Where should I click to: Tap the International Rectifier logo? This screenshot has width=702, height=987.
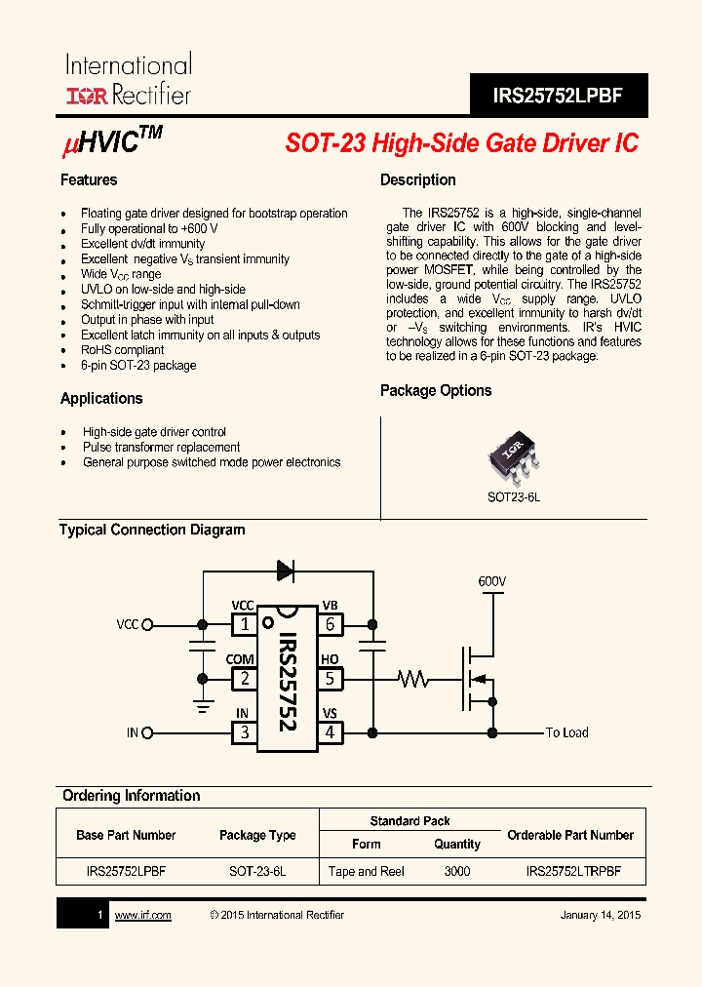tap(128, 80)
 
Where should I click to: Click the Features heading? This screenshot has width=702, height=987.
tap(89, 180)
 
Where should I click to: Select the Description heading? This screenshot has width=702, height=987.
tap(417, 180)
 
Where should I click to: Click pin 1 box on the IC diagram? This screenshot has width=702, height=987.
tap(244, 624)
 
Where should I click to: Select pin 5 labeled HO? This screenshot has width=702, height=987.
tap(330, 679)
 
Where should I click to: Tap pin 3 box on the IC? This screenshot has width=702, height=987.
tap(244, 732)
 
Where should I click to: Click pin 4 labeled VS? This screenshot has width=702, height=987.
tap(330, 732)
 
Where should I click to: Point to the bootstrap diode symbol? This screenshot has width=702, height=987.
tap(286, 571)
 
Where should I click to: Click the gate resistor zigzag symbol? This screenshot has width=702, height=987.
tap(413, 679)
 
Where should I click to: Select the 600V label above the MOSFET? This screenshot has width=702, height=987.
tap(492, 582)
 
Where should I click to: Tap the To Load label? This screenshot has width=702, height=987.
tap(566, 732)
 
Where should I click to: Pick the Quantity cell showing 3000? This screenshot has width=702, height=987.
tap(456, 872)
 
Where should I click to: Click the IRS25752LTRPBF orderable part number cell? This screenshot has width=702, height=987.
tap(572, 872)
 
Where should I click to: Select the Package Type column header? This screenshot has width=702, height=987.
tap(257, 836)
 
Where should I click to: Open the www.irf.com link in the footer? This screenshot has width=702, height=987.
tap(143, 915)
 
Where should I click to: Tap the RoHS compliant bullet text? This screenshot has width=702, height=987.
tap(122, 350)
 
